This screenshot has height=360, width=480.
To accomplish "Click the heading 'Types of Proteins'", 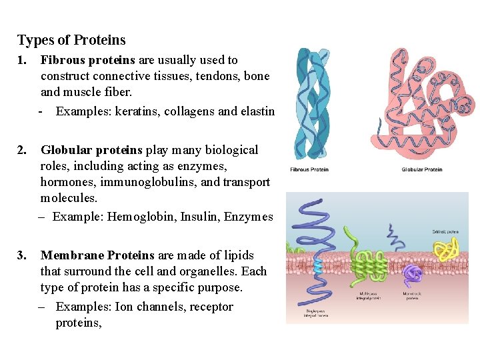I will (71, 40).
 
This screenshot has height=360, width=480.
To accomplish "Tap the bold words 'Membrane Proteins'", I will (97, 255).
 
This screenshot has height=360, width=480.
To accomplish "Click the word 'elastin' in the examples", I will (257, 111).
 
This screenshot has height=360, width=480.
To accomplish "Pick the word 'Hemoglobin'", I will (141, 217).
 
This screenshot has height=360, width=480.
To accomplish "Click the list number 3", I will (23, 255).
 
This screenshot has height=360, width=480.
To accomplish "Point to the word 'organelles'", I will (210, 271).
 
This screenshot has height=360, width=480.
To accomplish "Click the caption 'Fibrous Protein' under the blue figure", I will (309, 169).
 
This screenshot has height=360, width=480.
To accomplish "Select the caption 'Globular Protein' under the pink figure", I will (422, 169).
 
